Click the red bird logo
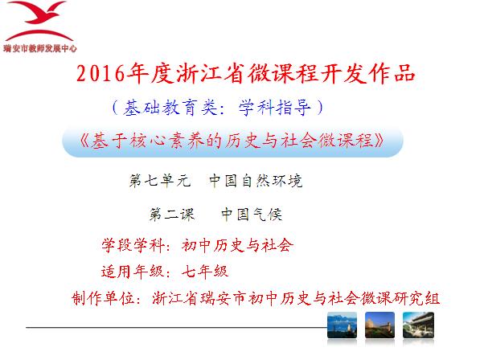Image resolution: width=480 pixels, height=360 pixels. coord(39,21)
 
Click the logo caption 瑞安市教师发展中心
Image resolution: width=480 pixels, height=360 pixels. coord(39,48)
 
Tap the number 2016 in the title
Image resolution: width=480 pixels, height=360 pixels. coord(101,74)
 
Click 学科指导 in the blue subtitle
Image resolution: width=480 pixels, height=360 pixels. coord(275,108)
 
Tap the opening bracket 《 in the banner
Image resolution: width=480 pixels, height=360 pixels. coord(84,141)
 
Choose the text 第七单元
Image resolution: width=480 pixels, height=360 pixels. coord(160,181)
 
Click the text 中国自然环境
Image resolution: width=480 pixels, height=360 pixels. coord(256,181)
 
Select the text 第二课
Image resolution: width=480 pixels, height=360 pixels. coord(172,214)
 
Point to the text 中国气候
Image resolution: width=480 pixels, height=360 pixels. coord(252,214)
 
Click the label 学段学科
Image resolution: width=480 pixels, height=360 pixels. coord(132,245)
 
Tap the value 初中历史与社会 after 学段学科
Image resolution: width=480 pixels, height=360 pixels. coord(237,245)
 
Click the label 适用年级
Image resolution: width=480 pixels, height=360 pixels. coord(132,272)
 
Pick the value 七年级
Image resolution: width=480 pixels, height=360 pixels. coord(205,272)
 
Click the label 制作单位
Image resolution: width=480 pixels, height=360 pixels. coord(103,298)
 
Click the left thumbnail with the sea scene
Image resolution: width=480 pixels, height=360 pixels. coord(342,325)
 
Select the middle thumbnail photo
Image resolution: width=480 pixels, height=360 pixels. coord(379,325)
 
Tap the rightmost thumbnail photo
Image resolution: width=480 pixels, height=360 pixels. coord(418,325)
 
